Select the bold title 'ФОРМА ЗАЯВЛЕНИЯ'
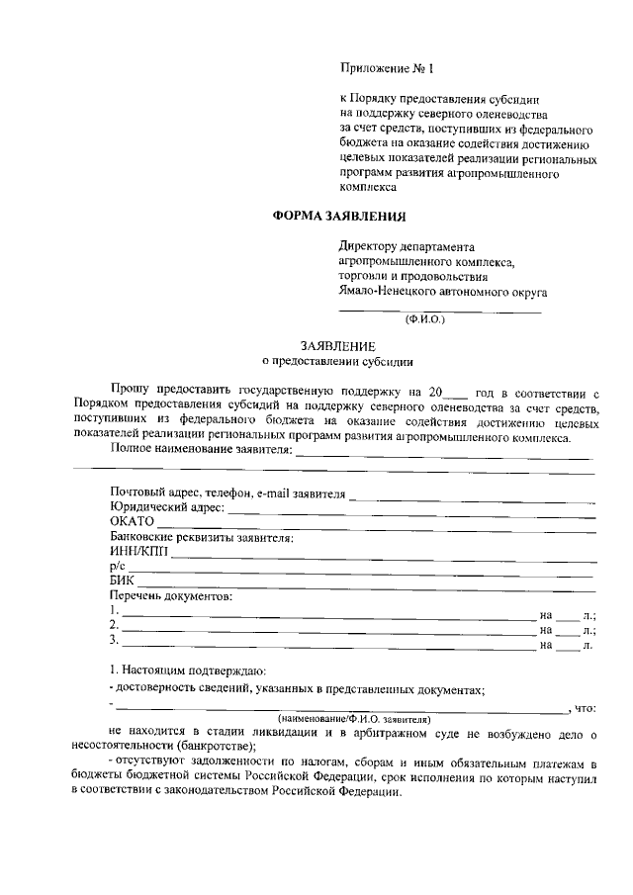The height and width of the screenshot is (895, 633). tap(339, 216)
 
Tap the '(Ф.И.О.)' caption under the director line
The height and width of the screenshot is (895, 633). tap(426, 319)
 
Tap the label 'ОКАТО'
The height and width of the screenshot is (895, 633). tap(133, 523)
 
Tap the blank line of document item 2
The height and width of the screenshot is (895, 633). tap(327, 631)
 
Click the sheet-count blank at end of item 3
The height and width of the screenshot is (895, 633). tap(566, 647)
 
